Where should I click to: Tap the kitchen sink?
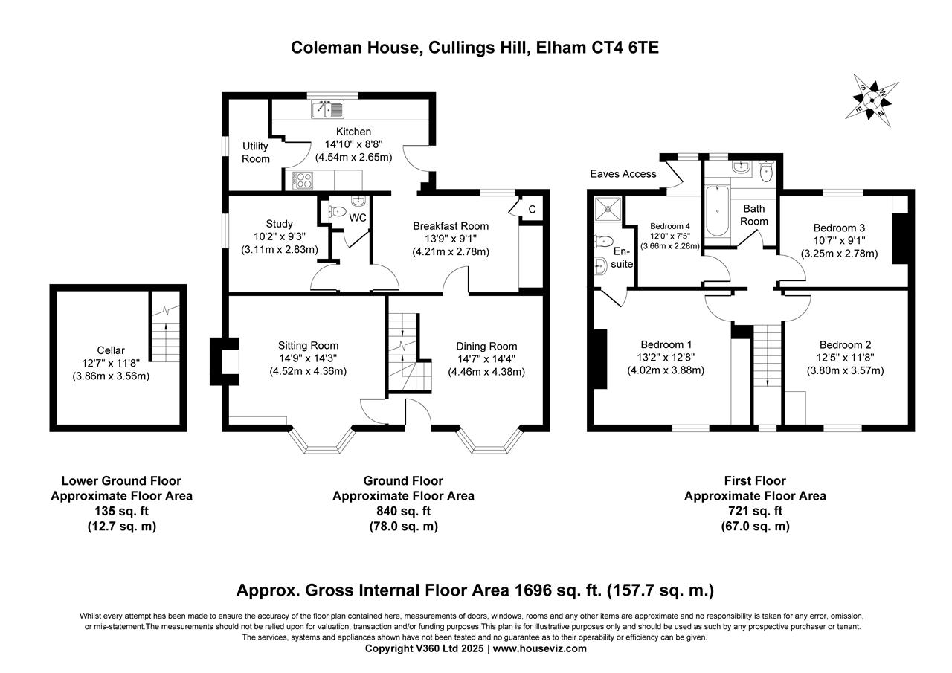coord(327,109)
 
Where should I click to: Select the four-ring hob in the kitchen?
coord(303,180)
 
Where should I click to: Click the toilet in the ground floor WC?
coord(338,211)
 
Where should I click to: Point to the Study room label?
coord(279,224)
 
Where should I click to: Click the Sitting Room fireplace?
coord(225,361)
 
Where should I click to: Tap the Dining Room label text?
coord(486,347)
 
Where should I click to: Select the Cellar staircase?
coord(165,326)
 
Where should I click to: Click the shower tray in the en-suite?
coord(608,209)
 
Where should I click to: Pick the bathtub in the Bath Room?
coord(717,210)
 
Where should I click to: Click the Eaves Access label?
coord(623,174)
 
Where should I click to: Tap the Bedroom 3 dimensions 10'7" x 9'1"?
coord(840,240)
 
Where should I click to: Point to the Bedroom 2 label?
coord(846,344)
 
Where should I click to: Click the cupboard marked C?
coord(532,209)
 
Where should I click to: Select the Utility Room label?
coord(255,152)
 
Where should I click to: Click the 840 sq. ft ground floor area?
coord(403,511)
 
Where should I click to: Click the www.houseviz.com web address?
coord(540,648)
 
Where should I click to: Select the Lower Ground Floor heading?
coord(121,480)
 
